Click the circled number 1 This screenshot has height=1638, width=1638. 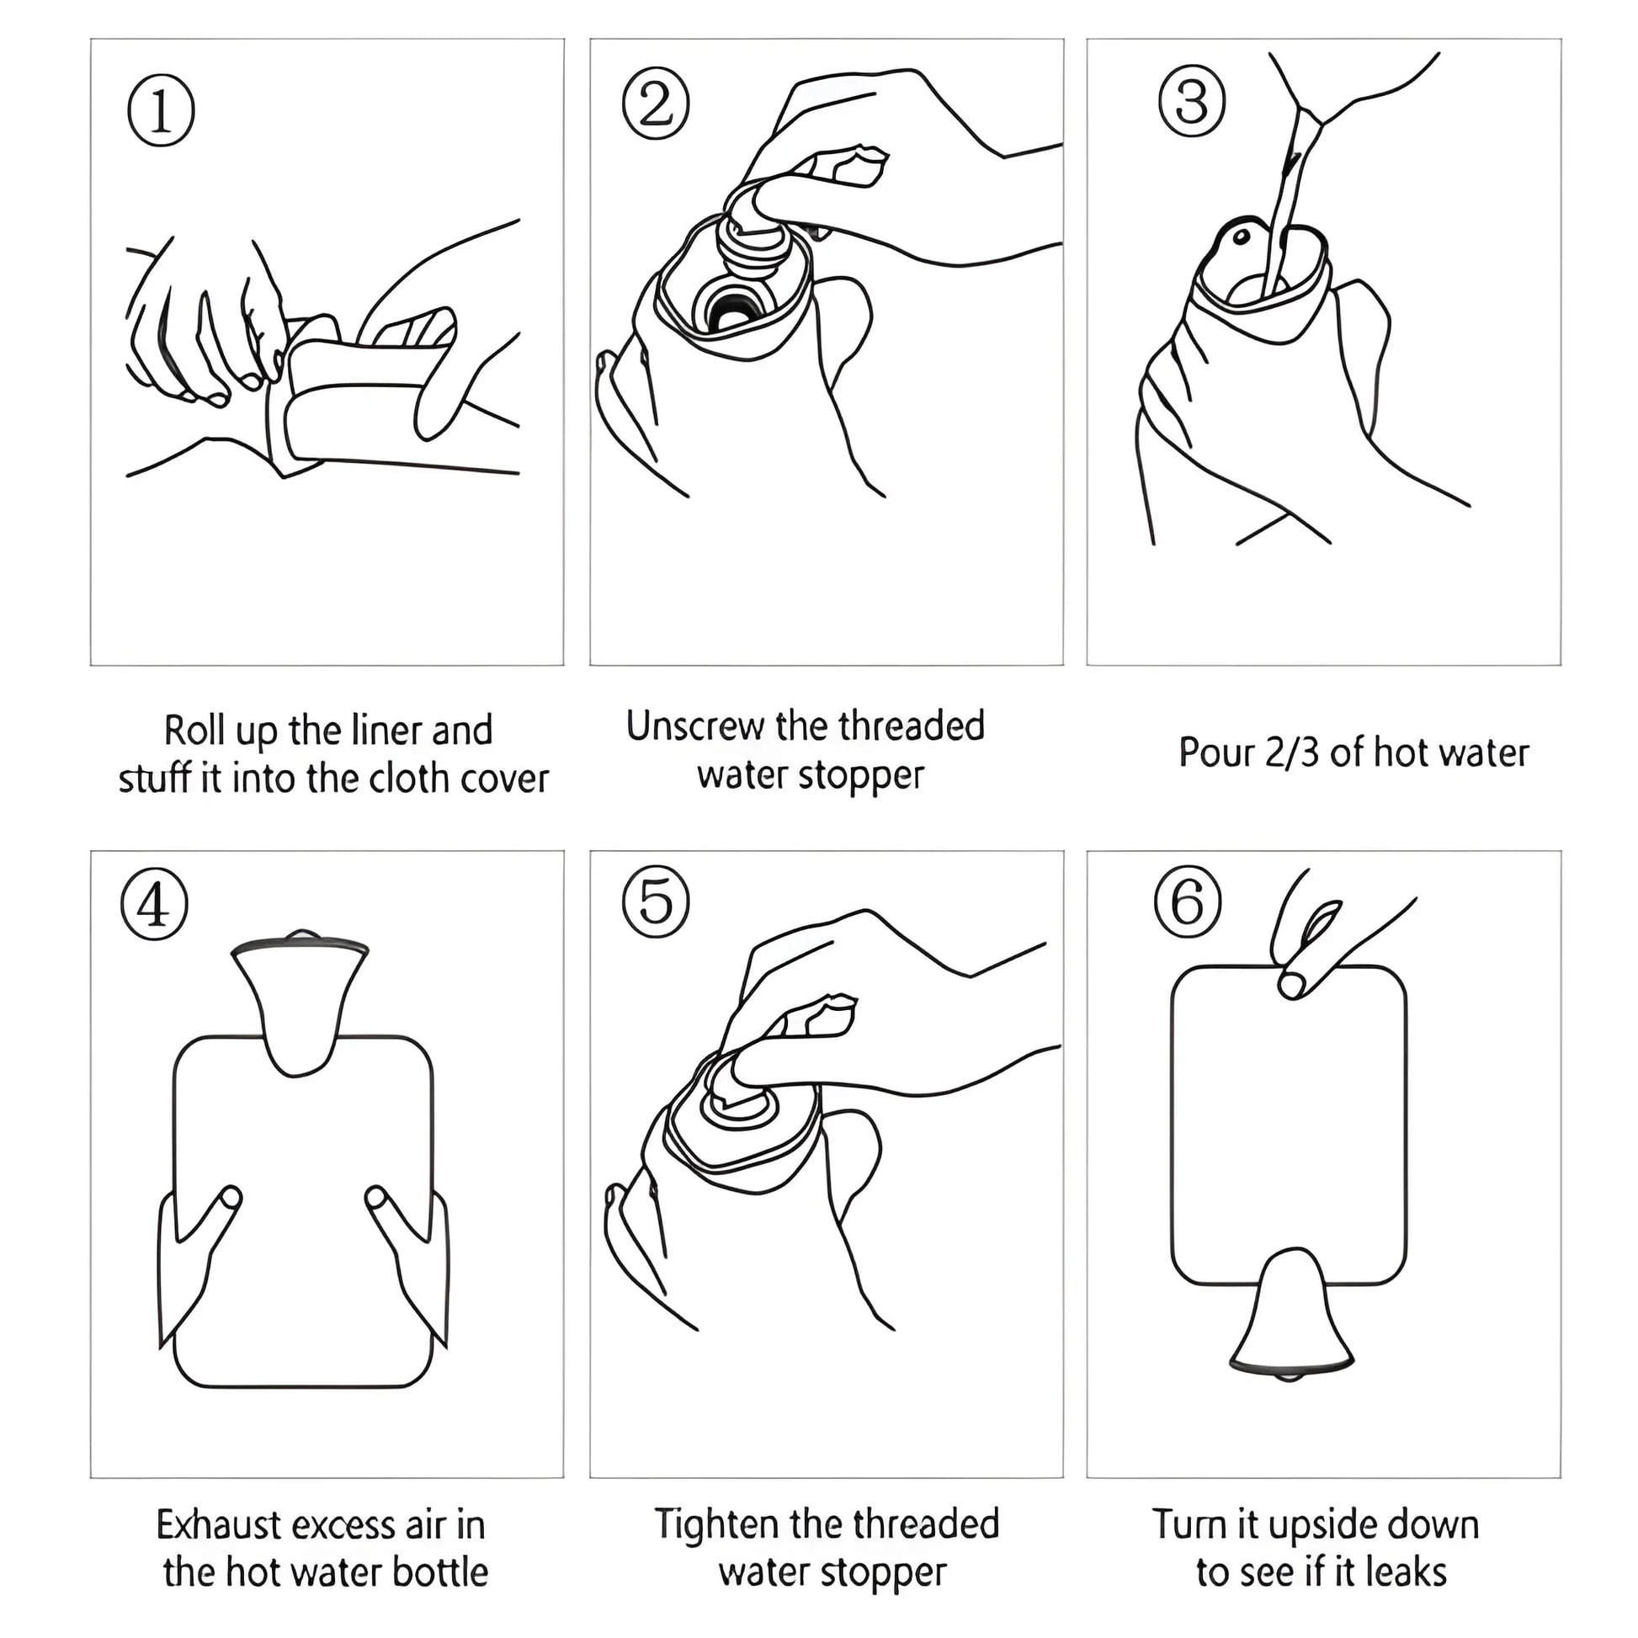point(161,111)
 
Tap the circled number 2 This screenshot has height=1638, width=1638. point(656,105)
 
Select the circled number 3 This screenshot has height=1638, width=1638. point(1191,102)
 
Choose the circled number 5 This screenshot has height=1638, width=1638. point(656,902)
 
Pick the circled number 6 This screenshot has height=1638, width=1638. point(1187,902)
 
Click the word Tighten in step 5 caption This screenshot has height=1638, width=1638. point(716,1524)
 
